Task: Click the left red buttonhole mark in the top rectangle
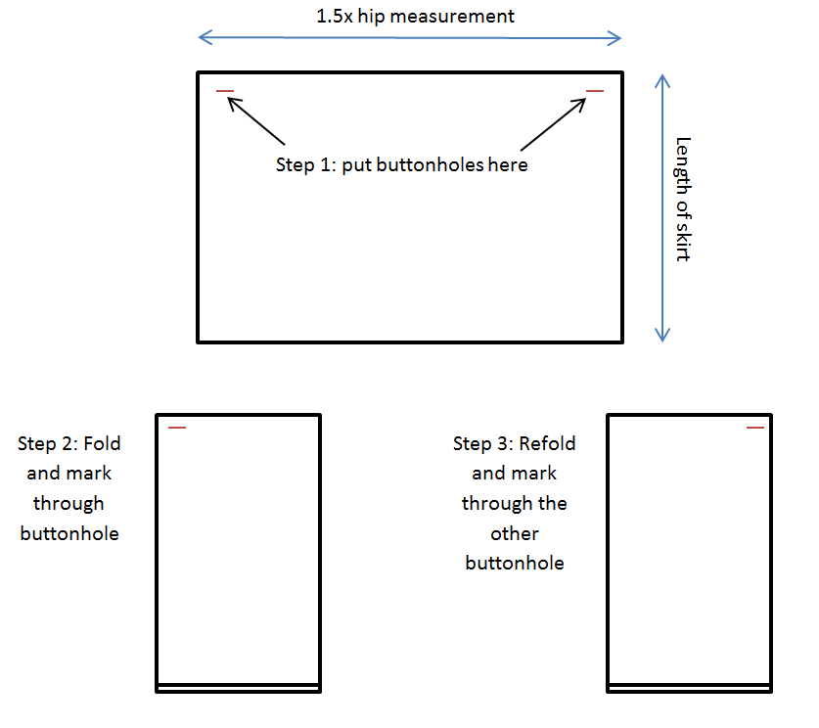coord(225,91)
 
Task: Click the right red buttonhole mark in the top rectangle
coord(595,91)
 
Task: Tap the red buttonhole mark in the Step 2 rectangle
coord(177,428)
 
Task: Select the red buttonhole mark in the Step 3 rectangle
coord(755,428)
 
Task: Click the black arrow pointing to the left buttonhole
coord(256,120)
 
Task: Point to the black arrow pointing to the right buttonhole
coord(553,123)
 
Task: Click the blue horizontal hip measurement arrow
coord(409,37)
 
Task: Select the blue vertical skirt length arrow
coord(662,207)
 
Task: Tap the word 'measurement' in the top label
coord(452,17)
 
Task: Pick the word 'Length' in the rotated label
coord(683,165)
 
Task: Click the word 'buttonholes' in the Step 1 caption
coord(430,165)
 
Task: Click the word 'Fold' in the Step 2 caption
coord(102,443)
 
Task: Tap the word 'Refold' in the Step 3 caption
coord(547,443)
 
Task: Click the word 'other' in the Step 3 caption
coord(515,533)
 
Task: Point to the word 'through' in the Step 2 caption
coord(68,504)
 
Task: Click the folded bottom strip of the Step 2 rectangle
coord(238,688)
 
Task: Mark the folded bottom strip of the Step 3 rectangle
coord(690,688)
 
